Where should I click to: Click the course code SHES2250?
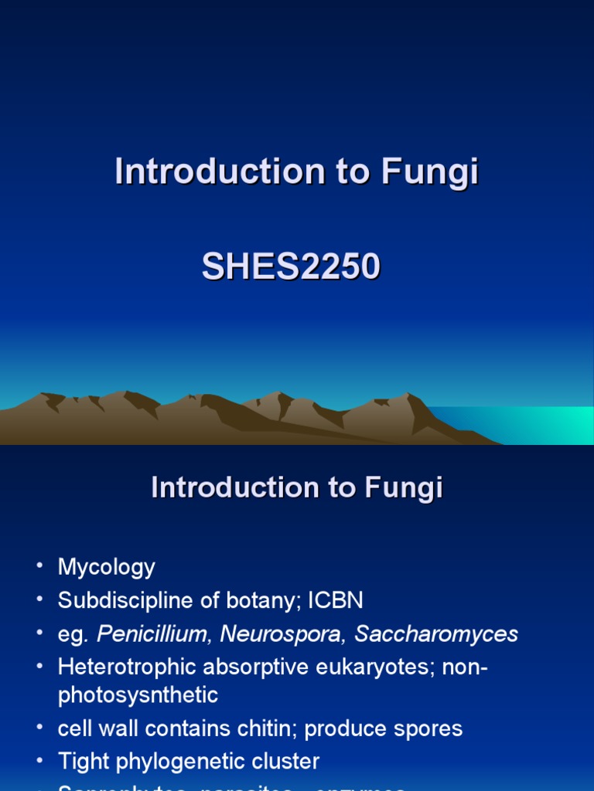[291, 267]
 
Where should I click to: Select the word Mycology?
[107, 567]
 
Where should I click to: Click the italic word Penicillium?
[153, 634]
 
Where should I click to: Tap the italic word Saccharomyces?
[436, 634]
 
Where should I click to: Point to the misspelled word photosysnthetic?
[138, 695]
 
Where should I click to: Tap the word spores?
[427, 728]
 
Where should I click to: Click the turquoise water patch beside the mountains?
[534, 425]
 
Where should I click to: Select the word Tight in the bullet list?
[83, 762]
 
